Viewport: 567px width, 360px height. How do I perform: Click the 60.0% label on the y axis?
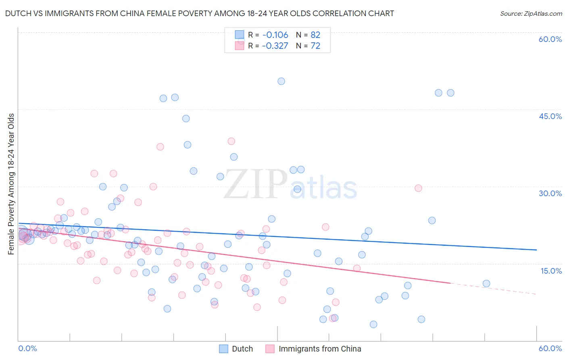550,39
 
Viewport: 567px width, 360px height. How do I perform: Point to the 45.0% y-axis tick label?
550,116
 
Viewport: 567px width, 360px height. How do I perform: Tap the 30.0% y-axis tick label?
550,193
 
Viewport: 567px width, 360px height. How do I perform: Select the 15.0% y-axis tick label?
551,271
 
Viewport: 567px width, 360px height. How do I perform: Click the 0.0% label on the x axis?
27,348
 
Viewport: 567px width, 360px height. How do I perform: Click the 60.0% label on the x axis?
550,348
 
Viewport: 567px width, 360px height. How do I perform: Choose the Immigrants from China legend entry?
313,349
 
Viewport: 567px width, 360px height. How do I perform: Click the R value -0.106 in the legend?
275,35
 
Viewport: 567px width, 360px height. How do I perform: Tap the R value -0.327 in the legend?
275,46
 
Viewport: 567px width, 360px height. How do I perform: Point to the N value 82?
315,35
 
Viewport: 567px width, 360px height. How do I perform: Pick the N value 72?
315,46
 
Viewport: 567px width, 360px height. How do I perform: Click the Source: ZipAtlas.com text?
531,13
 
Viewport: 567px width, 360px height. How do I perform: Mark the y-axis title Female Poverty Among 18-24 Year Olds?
11,184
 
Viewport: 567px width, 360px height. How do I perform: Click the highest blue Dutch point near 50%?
281,81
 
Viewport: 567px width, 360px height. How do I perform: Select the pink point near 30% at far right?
418,188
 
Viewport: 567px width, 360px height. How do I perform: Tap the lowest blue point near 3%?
373,324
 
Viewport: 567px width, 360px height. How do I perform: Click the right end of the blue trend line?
536,250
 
